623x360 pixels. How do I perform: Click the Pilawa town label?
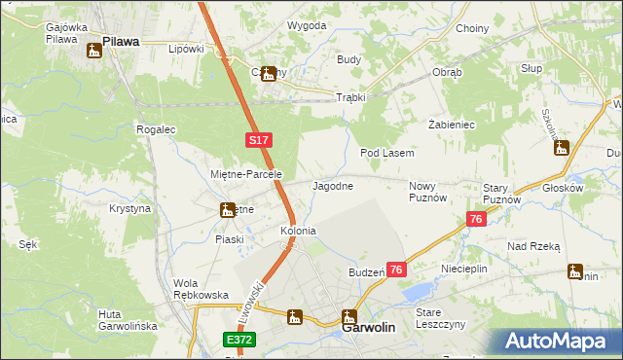click(x=122, y=42)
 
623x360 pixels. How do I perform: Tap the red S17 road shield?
click(x=257, y=141)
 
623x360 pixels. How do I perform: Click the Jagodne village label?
click(x=332, y=185)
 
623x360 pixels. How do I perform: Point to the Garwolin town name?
click(x=369, y=329)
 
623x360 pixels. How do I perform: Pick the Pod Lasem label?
click(x=387, y=154)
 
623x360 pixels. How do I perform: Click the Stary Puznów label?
click(x=502, y=193)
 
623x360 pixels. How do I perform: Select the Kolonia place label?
click(x=298, y=232)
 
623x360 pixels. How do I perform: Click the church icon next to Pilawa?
click(x=94, y=50)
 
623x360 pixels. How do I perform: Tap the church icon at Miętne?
click(x=227, y=209)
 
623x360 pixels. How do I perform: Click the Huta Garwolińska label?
click(x=128, y=320)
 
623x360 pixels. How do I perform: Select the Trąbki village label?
click(x=349, y=97)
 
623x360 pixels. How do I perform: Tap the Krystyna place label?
click(x=129, y=209)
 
